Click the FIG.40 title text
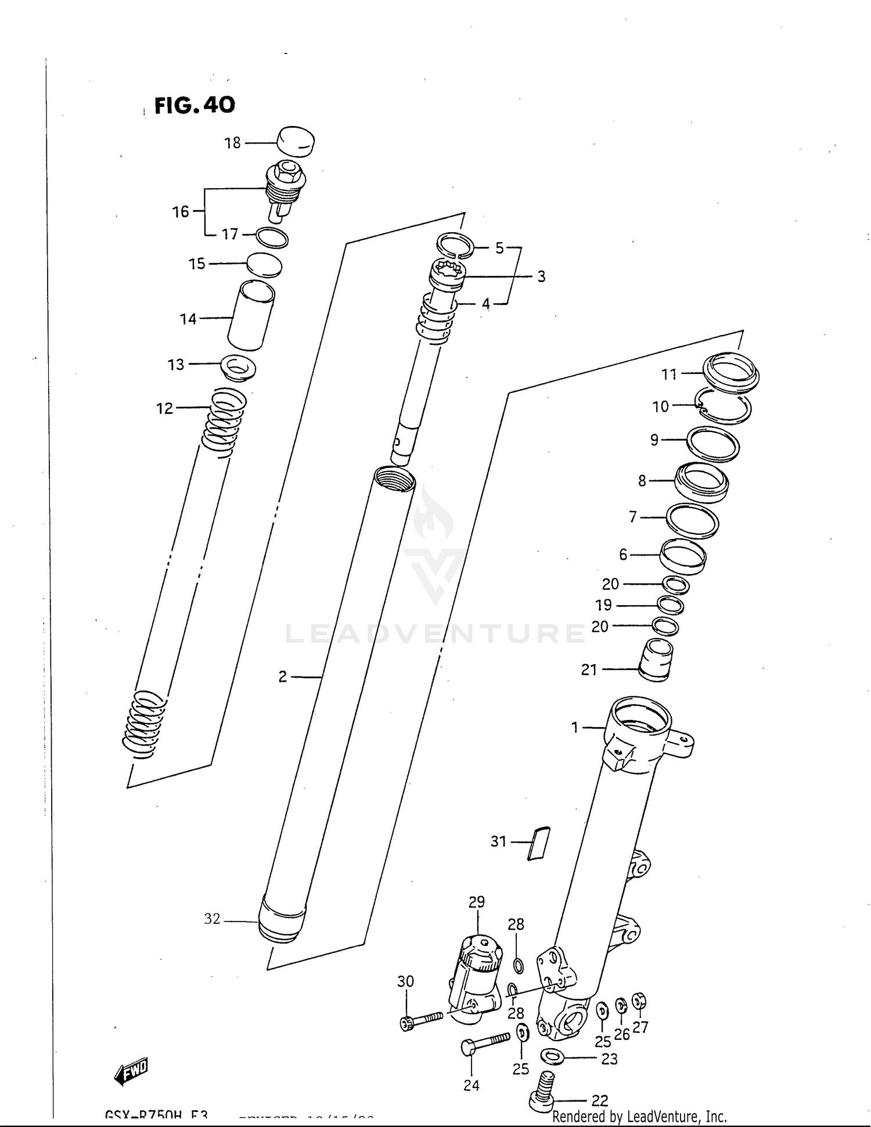(x=195, y=105)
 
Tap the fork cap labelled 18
(x=295, y=142)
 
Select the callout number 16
(x=181, y=212)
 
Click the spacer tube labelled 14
(x=251, y=315)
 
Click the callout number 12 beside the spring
(x=165, y=409)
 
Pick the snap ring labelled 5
(x=456, y=244)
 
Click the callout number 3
(x=541, y=277)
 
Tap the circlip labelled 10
(x=725, y=406)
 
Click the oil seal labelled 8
(x=701, y=481)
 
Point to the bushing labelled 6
(x=683, y=556)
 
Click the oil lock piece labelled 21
(x=656, y=660)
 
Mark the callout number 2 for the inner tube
(x=283, y=676)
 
